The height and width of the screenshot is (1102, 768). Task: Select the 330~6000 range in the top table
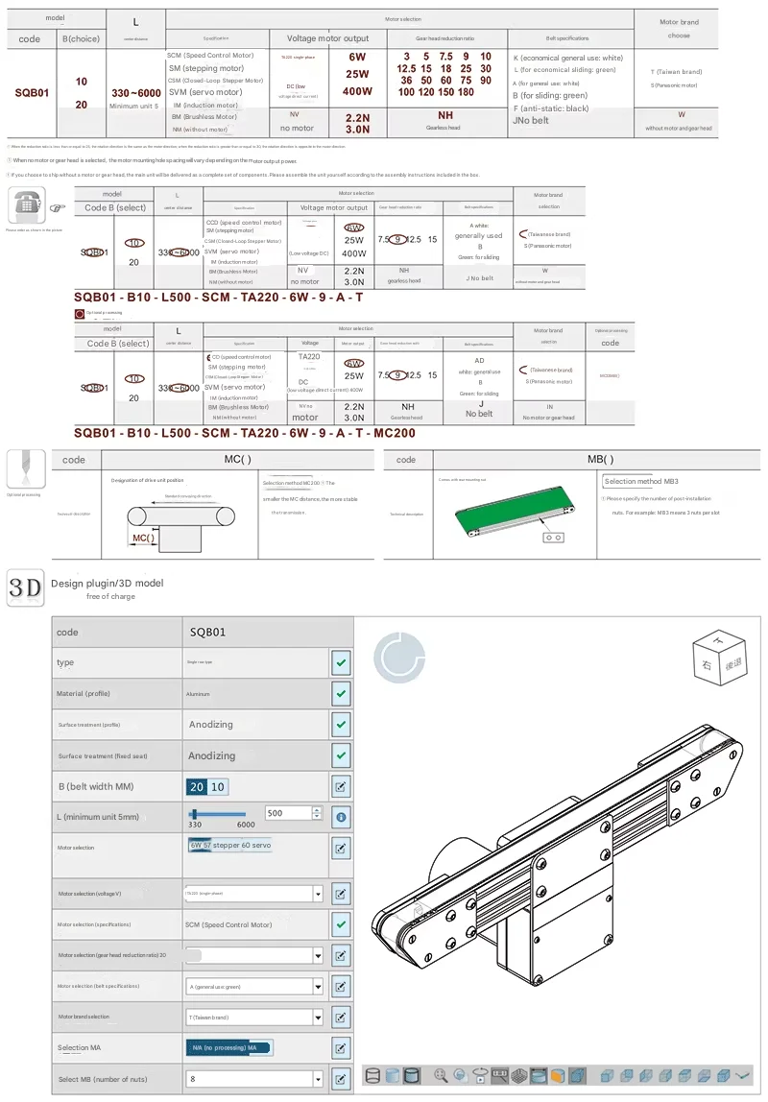pyautogui.click(x=136, y=92)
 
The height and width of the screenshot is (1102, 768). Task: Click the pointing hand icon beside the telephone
pyautogui.click(x=57, y=206)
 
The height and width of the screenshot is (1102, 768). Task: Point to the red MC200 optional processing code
pyautogui.click(x=610, y=376)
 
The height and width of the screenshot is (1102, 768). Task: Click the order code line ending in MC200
pyautogui.click(x=245, y=433)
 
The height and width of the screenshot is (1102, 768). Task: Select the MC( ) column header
pyautogui.click(x=237, y=460)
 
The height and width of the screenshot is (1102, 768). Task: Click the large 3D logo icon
pyautogui.click(x=24, y=587)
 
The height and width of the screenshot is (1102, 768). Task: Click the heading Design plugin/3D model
pyautogui.click(x=108, y=583)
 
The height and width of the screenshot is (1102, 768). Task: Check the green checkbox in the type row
pyautogui.click(x=341, y=662)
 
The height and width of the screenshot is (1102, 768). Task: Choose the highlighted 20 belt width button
pyautogui.click(x=197, y=787)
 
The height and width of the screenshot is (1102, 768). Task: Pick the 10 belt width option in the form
pyautogui.click(x=218, y=787)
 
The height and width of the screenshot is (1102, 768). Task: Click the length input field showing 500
pyautogui.click(x=288, y=812)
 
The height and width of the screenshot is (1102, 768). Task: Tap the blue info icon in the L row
pyautogui.click(x=341, y=818)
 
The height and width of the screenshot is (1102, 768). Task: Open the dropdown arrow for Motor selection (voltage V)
pyautogui.click(x=318, y=894)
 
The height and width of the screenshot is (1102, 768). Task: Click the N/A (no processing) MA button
pyautogui.click(x=228, y=1047)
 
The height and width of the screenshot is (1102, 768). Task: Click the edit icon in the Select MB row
pyautogui.click(x=341, y=1079)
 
